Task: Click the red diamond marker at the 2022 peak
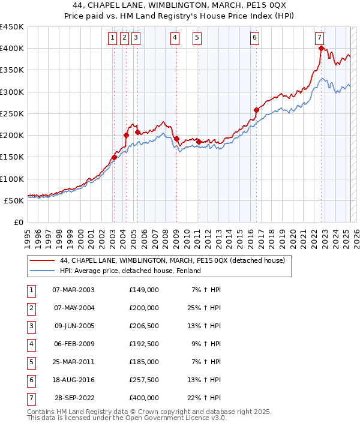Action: [x=322, y=49]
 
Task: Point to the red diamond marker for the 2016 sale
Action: [x=256, y=110]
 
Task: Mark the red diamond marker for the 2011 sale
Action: [x=199, y=142]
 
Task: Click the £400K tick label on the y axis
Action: [x=12, y=49]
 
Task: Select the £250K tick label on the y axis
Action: [x=12, y=113]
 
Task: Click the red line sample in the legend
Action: [x=41, y=261]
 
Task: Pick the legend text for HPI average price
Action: [x=130, y=271]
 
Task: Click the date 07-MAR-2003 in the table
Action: [x=74, y=290]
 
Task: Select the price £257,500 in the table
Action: [x=144, y=380]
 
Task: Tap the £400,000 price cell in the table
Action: [x=144, y=398]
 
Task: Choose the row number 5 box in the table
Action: [x=31, y=362]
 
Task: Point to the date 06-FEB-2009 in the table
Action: [x=74, y=344]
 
